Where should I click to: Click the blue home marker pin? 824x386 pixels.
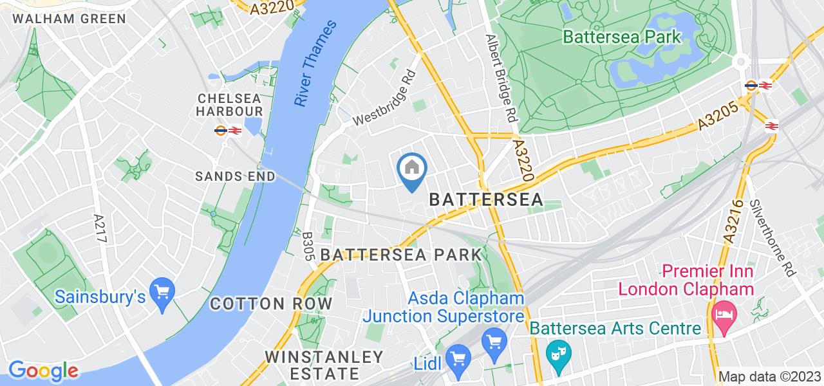tap(411, 169)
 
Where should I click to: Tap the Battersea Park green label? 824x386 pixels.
tap(621, 37)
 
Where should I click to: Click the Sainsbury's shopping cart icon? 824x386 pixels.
tap(162, 292)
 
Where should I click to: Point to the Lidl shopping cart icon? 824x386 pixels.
tap(458, 357)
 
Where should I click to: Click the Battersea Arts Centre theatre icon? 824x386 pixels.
tap(554, 353)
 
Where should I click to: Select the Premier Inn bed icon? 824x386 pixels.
tap(725, 313)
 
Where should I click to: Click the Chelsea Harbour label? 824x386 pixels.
tap(229, 105)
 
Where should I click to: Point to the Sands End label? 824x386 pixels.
tap(236, 176)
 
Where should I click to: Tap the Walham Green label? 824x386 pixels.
tap(70, 19)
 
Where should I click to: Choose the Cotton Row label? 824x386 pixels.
tap(271, 304)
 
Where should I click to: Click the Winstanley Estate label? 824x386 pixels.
tap(324, 365)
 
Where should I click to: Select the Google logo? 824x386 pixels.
tap(43, 371)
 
